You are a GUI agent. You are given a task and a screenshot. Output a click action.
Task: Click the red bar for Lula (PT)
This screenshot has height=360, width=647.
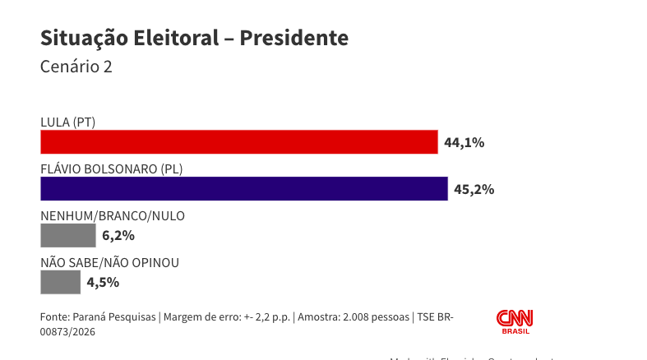coord(238,142)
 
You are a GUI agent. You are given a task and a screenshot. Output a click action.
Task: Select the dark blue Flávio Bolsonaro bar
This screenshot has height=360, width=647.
coord(243,189)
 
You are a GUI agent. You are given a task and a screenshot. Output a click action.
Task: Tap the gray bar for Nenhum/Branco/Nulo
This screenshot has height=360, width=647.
coord(67,236)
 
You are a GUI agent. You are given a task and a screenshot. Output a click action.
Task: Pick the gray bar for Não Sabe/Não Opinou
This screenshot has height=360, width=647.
coord(60,283)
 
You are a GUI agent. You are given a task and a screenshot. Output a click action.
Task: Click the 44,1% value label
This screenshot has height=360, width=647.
coord(464,142)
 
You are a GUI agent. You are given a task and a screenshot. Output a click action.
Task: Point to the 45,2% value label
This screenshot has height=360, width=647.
coord(474,189)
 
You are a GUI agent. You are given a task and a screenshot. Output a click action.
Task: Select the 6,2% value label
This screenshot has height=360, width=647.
coord(118,236)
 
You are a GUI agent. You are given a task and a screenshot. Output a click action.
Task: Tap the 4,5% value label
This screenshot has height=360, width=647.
coord(104,283)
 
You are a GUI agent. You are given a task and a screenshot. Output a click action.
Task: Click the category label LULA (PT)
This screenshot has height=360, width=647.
coord(68,122)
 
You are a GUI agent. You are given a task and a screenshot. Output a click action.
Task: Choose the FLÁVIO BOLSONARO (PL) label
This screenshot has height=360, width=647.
coord(111,169)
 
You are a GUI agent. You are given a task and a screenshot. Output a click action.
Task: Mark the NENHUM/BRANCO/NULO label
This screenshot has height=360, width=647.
coord(113,216)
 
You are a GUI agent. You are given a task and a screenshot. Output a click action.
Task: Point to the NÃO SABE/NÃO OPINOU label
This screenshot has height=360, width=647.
coord(109,263)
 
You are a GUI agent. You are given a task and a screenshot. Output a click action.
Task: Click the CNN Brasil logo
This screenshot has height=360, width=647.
coord(515,321)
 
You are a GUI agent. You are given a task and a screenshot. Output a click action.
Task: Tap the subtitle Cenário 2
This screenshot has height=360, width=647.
coord(76,67)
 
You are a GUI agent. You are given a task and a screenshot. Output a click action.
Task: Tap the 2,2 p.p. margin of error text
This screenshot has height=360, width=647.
coord(270,317)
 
